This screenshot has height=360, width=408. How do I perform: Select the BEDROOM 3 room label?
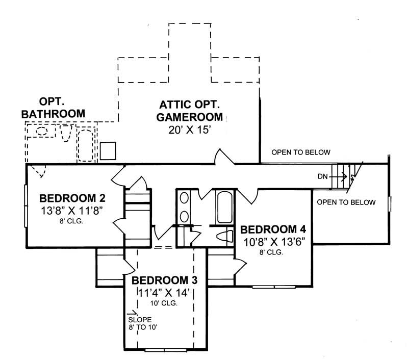(x=164, y=280)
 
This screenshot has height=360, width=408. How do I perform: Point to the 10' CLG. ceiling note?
(x=164, y=303)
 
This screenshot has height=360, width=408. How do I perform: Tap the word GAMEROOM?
(x=190, y=117)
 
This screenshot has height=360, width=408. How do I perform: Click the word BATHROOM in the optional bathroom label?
(x=53, y=113)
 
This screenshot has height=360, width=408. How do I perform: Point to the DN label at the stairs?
(x=322, y=176)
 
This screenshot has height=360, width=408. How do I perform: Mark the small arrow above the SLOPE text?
(x=132, y=312)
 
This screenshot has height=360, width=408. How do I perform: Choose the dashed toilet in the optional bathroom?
(x=65, y=134)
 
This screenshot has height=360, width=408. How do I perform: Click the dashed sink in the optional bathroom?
(x=40, y=132)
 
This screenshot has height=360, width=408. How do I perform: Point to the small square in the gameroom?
(x=109, y=150)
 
